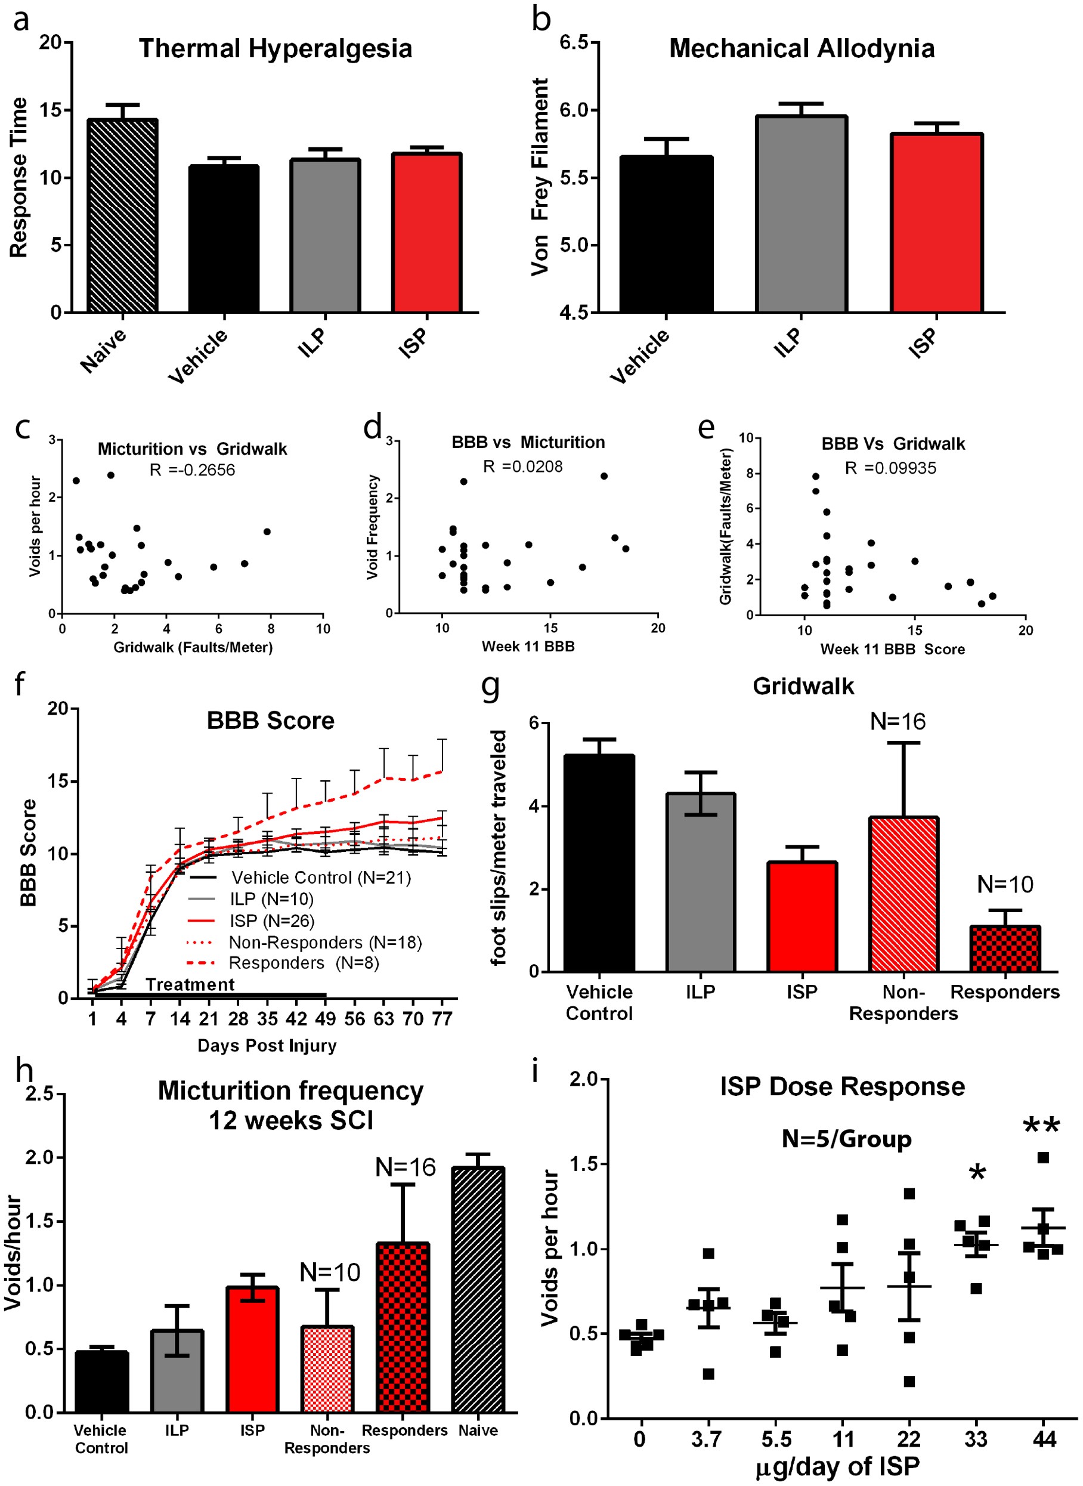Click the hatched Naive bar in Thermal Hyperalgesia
(123, 217)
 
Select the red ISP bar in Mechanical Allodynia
(936, 223)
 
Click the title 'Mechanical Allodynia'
(801, 48)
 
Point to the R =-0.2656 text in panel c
(192, 469)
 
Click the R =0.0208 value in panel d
(522, 467)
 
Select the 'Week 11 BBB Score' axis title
(892, 649)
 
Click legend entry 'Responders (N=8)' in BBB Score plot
(304, 963)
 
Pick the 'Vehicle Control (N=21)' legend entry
(321, 878)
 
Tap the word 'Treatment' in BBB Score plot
(190, 984)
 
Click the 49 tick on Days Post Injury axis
(325, 1018)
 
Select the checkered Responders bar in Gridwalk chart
(1004, 949)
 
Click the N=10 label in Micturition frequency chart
(330, 1272)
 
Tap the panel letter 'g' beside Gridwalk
(490, 687)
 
